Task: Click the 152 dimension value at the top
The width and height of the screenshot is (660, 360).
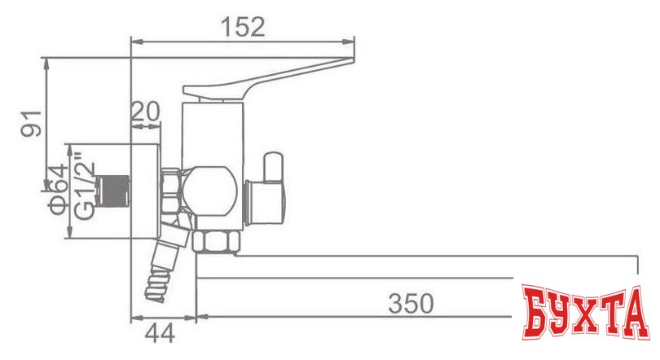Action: click(242, 26)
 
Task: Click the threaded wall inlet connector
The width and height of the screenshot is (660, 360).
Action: click(113, 190)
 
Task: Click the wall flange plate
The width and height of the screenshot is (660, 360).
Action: click(146, 191)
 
